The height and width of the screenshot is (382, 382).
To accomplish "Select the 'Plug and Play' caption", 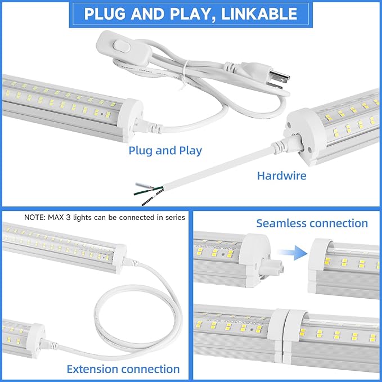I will pos(165,151).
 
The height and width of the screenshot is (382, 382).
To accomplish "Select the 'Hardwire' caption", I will pos(281,176).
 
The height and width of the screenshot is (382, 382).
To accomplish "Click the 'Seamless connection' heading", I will pos(312,223).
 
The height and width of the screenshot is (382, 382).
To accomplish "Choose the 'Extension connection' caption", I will pos(123,369).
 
